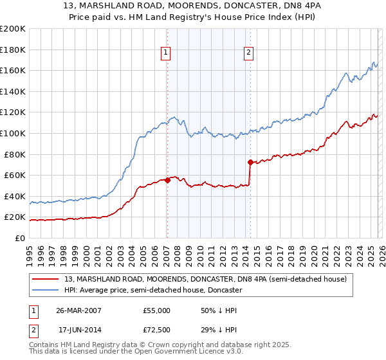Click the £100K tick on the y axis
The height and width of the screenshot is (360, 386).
[x=13, y=133]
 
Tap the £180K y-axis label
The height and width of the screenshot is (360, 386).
[x=13, y=49]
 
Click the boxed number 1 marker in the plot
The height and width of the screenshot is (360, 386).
[x=166, y=53]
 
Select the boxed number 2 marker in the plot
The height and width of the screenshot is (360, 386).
[x=248, y=53]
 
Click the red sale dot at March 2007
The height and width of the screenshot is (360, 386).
[x=167, y=180]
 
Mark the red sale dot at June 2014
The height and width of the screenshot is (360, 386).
[x=250, y=162]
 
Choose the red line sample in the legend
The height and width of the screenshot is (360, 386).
[x=46, y=279]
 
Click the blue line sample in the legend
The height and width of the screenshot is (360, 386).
[x=46, y=291]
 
